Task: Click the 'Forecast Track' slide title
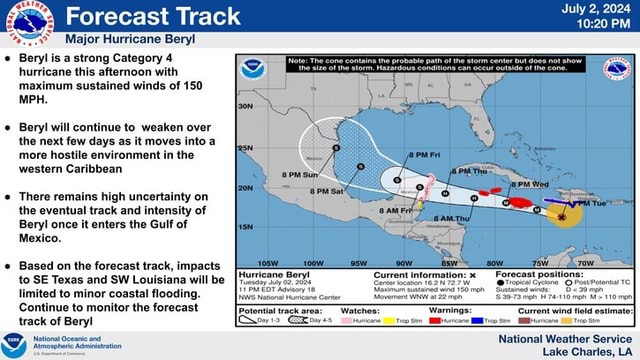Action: pyautogui.click(x=153, y=16)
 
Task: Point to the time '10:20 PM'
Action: pyautogui.click(x=599, y=26)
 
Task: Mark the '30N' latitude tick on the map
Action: pyautogui.click(x=246, y=105)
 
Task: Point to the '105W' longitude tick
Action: pyautogui.click(x=269, y=262)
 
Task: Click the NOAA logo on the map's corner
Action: pyautogui.click(x=253, y=69)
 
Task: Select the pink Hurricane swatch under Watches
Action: pyautogui.click(x=348, y=320)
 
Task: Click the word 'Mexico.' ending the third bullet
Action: pyautogui.click(x=41, y=238)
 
